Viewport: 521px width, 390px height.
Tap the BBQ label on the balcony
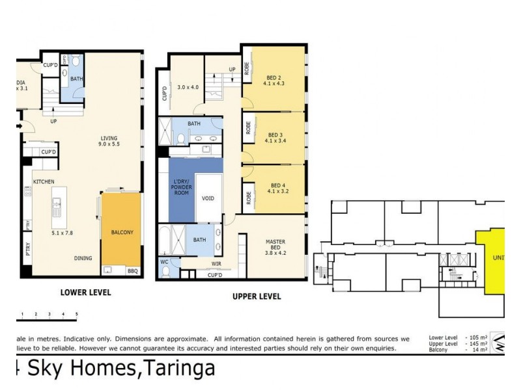132,270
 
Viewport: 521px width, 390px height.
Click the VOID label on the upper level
208,198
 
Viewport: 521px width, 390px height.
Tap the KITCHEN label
43,181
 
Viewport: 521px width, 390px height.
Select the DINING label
82,258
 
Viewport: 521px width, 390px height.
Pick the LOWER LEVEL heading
85,292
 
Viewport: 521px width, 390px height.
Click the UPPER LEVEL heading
257,296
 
